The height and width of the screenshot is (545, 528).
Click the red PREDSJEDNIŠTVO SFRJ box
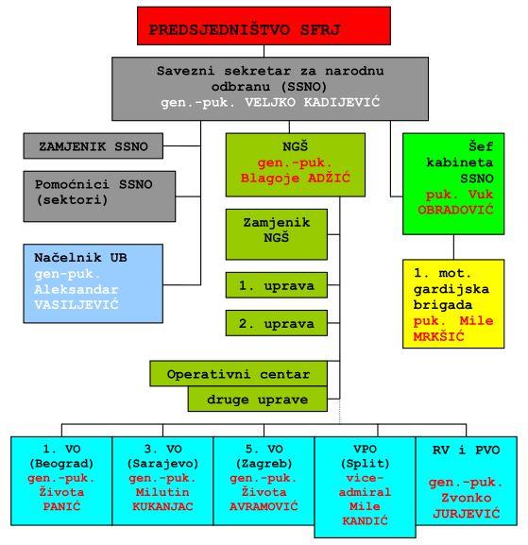click(x=264, y=26)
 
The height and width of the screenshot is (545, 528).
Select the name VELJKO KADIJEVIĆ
click(x=312, y=103)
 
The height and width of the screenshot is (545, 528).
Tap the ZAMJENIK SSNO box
click(x=94, y=146)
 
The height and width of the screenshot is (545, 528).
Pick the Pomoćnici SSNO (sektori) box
click(x=99, y=196)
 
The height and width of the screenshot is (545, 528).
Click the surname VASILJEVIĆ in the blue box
click(x=77, y=305)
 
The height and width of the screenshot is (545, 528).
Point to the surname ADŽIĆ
click(x=329, y=178)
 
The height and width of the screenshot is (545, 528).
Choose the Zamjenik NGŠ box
click(x=277, y=234)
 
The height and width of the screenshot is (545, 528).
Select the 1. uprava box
click(x=277, y=285)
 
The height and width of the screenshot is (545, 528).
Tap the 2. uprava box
click(x=277, y=323)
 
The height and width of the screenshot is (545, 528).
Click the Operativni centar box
click(x=238, y=374)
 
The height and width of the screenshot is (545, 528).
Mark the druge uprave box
click(x=258, y=399)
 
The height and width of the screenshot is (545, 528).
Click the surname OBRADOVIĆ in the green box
click(x=455, y=210)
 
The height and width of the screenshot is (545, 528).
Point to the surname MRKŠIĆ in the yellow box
click(x=438, y=336)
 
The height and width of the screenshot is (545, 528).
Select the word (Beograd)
click(x=61, y=464)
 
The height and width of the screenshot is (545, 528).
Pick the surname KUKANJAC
click(x=162, y=506)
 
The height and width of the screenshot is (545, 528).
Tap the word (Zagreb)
click(x=264, y=464)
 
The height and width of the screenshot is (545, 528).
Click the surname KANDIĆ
click(x=365, y=520)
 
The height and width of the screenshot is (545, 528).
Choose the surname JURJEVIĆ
click(x=466, y=514)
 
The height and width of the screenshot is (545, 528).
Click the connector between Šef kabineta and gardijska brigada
click(x=453, y=247)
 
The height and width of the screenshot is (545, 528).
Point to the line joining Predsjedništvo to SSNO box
click(x=264, y=51)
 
